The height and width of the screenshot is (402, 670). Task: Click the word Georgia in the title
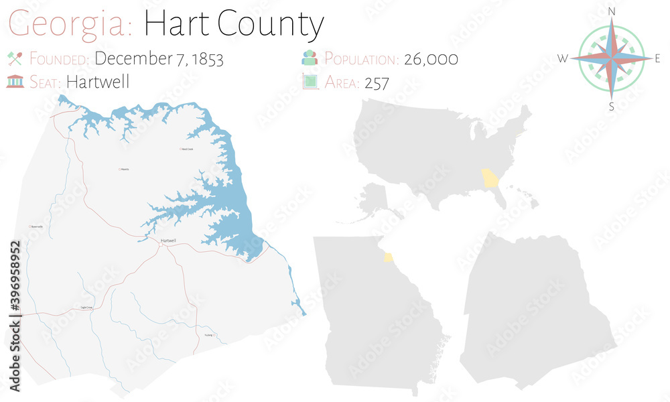coord(70,25)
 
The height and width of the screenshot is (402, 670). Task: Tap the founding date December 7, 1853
coord(159,59)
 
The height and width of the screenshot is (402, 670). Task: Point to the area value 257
coord(377,82)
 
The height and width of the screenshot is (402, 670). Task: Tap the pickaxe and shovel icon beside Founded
coord(15,58)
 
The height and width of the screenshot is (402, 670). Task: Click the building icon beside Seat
coord(15,82)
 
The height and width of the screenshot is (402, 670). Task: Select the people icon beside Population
coord(310,58)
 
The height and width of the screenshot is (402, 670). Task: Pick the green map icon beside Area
coord(310,82)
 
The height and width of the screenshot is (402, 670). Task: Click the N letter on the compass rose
coord(611,11)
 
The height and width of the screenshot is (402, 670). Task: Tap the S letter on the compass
coord(611,106)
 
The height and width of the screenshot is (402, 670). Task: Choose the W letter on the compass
coord(563,59)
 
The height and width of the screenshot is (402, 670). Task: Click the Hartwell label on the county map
coord(168,241)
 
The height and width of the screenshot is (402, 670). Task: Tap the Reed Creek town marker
coord(180,149)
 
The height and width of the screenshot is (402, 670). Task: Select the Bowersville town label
coord(36,227)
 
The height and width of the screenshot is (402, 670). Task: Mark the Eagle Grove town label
coord(86,308)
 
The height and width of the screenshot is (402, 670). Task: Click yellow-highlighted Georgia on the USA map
coord(491,180)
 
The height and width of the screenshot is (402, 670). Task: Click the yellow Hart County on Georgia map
coord(388,257)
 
